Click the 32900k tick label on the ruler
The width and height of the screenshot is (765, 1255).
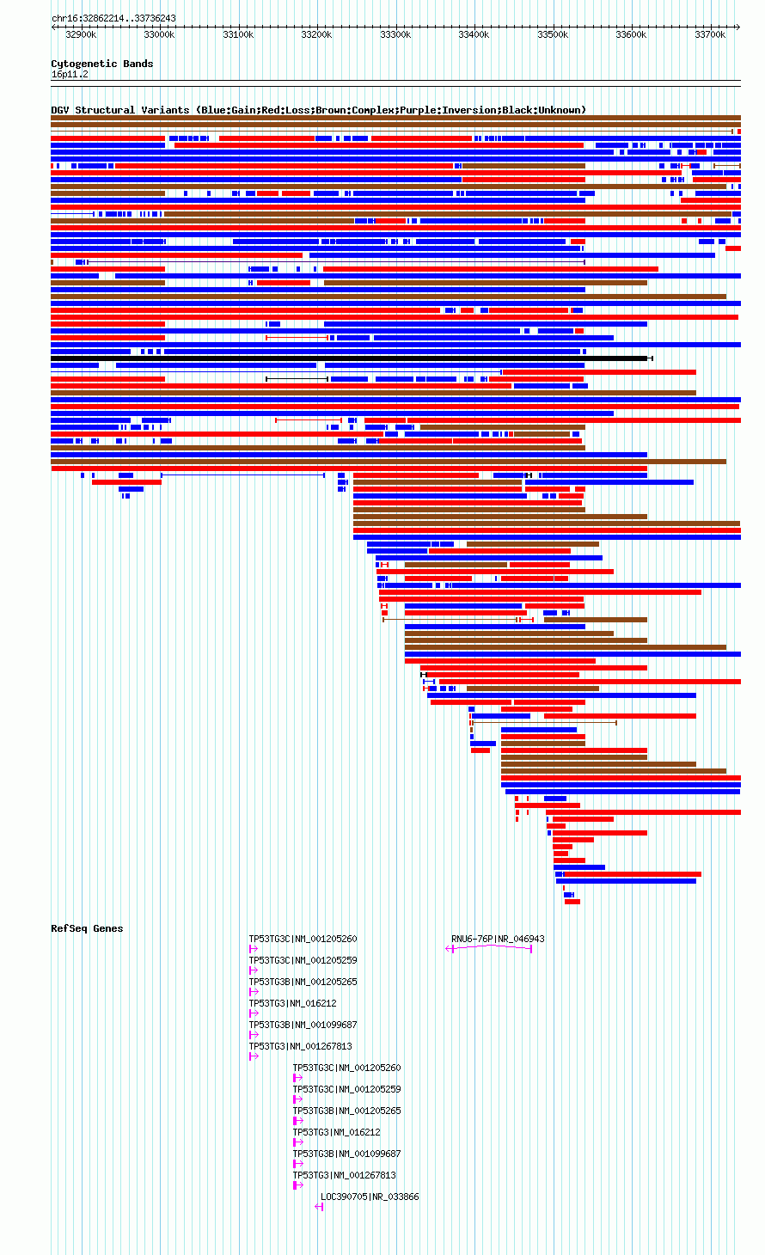click(x=81, y=34)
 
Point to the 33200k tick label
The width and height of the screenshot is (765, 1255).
click(x=316, y=34)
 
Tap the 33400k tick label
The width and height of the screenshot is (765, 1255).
click(x=474, y=34)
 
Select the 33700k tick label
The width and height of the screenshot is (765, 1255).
click(x=710, y=34)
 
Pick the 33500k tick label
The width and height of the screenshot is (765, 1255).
click(x=553, y=34)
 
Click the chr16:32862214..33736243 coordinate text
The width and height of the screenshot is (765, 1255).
click(x=113, y=19)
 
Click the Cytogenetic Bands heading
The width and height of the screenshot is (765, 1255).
click(x=102, y=64)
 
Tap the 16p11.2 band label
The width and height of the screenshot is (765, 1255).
click(x=70, y=75)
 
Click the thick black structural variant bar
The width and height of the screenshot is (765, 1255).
click(x=352, y=358)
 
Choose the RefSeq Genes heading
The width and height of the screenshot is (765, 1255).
click(x=87, y=928)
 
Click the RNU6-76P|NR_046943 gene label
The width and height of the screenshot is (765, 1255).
click(x=498, y=939)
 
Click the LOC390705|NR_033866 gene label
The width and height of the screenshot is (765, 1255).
click(x=370, y=1197)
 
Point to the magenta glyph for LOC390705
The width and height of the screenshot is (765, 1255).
click(x=320, y=1207)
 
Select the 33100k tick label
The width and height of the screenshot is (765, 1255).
click(x=238, y=34)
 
